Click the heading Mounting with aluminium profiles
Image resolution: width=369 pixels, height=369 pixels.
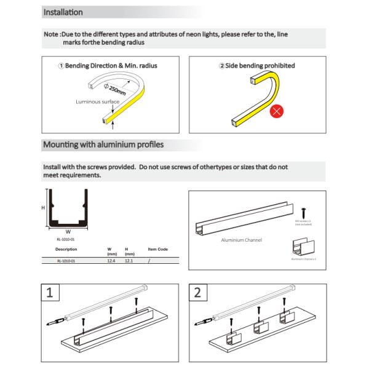[102, 145]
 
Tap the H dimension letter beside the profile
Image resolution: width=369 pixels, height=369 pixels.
[43, 208]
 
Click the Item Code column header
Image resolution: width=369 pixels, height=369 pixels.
[158, 250]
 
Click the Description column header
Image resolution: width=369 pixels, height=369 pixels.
[66, 250]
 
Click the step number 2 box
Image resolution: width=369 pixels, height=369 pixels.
[198, 293]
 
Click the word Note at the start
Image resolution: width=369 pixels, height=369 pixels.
[52, 36]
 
